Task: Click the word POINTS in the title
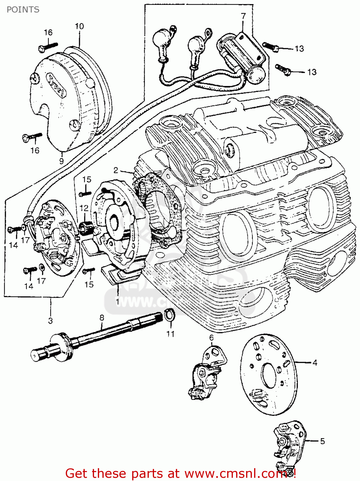(x=23, y=10)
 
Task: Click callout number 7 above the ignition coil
(x=243, y=16)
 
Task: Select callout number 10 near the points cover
(x=79, y=26)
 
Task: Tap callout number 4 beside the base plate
(x=315, y=363)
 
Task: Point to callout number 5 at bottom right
(x=322, y=441)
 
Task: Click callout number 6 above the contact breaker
(x=211, y=338)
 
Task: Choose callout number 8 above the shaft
(x=102, y=318)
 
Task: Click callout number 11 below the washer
(x=170, y=334)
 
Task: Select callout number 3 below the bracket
(x=50, y=320)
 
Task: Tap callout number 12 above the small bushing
(x=84, y=208)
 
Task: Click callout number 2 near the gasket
(x=116, y=170)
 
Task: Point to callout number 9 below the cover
(x=61, y=161)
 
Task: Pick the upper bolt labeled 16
(x=48, y=46)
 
